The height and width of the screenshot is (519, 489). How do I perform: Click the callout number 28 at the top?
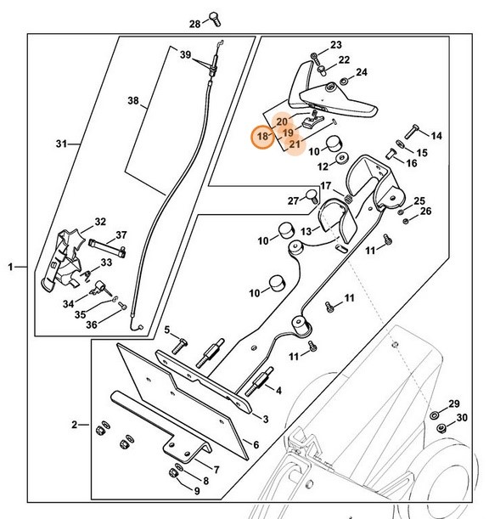point(194,23)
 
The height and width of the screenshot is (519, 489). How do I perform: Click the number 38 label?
point(132,100)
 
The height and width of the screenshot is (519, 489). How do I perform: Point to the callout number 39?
point(185,54)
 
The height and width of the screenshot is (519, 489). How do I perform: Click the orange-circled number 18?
point(262,136)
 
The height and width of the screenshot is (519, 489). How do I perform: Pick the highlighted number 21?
point(294,144)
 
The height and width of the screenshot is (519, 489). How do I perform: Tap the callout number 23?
point(335,45)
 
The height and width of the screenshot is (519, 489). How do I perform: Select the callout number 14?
point(436,136)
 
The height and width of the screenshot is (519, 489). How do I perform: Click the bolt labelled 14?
point(412,129)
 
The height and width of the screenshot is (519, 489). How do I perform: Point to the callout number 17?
point(325,186)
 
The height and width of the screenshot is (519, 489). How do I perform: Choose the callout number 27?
point(293,200)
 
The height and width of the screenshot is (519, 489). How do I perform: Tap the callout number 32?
point(100,222)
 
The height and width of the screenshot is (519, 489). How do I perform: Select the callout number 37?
point(121,235)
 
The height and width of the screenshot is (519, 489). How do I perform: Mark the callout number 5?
point(167,330)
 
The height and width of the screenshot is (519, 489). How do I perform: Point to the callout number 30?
point(462,419)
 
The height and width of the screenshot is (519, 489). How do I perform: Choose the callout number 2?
point(75,424)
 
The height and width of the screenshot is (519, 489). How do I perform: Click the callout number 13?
point(306,230)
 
